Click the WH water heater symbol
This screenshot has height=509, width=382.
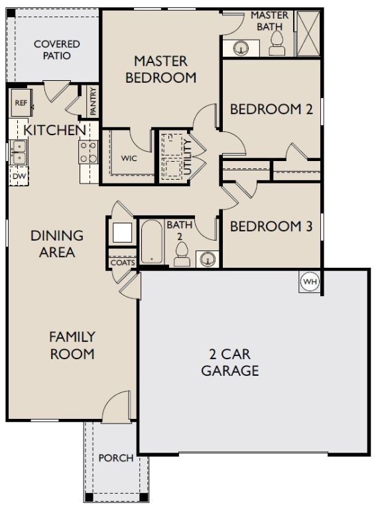pos(310,282)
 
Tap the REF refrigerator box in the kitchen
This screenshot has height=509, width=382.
pos(21,103)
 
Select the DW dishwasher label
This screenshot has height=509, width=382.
pos(19,176)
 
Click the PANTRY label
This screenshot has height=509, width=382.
pos(94,101)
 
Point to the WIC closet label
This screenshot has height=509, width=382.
pos(129,158)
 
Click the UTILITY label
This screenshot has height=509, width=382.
pos(188,157)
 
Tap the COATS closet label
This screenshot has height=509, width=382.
pos(123,262)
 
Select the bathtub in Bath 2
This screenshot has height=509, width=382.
pos(152,241)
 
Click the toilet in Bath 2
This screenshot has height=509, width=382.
pos(182,254)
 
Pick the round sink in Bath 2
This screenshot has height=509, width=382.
pos(208,258)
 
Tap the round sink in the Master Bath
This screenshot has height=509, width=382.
pos(241,48)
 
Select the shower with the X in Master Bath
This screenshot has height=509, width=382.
pos(308,33)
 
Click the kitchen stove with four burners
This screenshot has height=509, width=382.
pos(89,152)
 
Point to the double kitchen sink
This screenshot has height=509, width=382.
pos(19,152)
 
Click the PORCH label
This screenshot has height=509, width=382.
pos(116,458)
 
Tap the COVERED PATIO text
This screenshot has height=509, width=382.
pos(57,50)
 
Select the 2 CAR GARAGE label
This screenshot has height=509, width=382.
pos(230,363)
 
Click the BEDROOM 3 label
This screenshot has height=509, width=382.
pos(271,226)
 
